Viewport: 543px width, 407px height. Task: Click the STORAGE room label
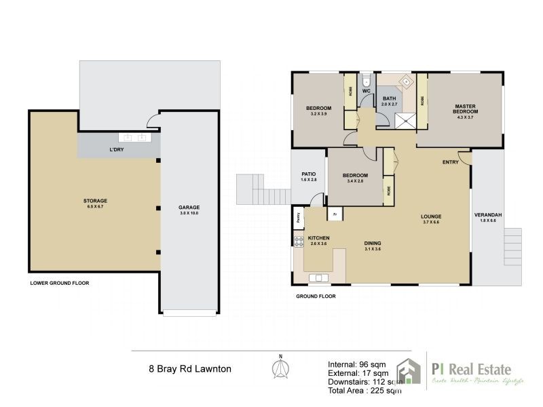[x=96, y=201]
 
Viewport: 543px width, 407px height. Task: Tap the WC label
[x=365, y=91]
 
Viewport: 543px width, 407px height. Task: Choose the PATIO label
[x=309, y=174]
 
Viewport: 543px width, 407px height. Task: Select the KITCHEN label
[x=319, y=238]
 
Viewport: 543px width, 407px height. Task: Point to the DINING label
[x=373, y=244]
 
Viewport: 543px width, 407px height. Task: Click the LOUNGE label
[x=432, y=216]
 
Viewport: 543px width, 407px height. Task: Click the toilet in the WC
[x=365, y=77]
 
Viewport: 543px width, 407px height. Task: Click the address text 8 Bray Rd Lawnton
[x=190, y=370]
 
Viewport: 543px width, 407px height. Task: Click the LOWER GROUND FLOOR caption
[x=60, y=283]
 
